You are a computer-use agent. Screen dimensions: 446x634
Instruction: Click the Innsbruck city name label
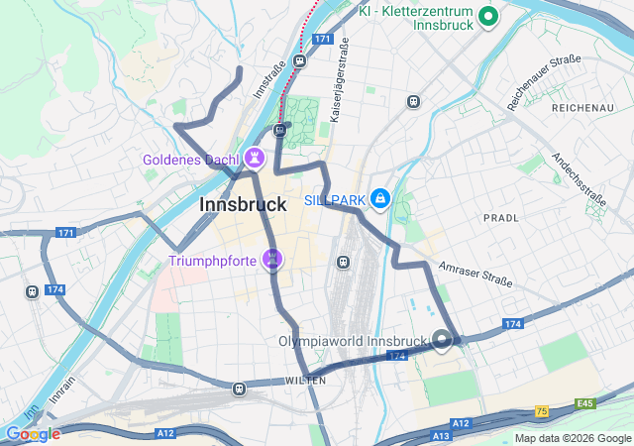point(243,205)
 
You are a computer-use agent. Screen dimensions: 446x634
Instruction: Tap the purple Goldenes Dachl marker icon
point(256,159)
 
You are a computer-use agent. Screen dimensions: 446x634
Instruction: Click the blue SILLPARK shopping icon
point(379,200)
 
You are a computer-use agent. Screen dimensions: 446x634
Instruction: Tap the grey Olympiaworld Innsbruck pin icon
point(442,342)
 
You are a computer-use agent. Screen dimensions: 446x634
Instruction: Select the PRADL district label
point(500,217)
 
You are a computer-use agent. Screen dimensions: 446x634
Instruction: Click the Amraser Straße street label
point(476,275)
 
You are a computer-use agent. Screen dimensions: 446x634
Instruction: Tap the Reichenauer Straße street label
point(544,82)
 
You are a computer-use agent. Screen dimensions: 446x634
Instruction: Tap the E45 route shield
point(585,403)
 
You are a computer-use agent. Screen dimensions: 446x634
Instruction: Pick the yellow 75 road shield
point(541,410)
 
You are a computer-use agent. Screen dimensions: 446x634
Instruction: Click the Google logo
point(33,434)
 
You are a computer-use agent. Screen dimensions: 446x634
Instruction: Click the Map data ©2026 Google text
point(574,438)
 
